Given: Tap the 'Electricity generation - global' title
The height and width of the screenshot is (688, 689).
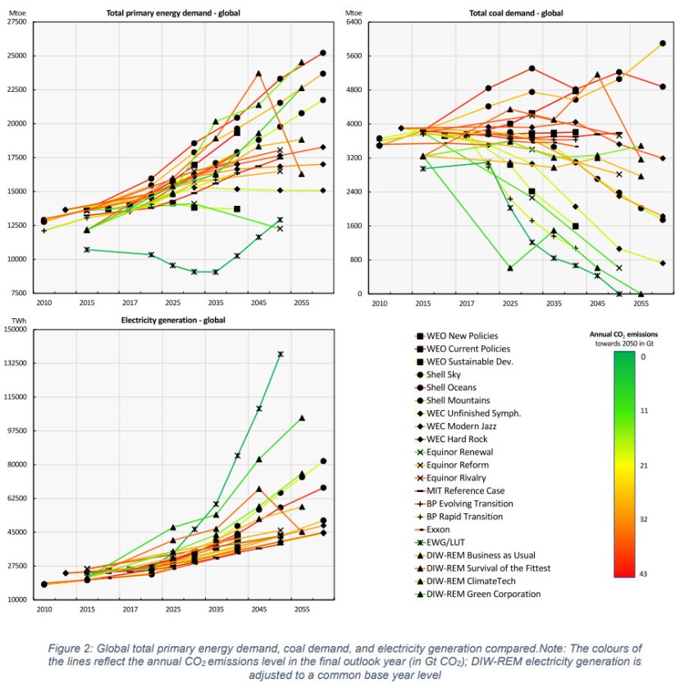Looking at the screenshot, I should [x=172, y=320].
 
